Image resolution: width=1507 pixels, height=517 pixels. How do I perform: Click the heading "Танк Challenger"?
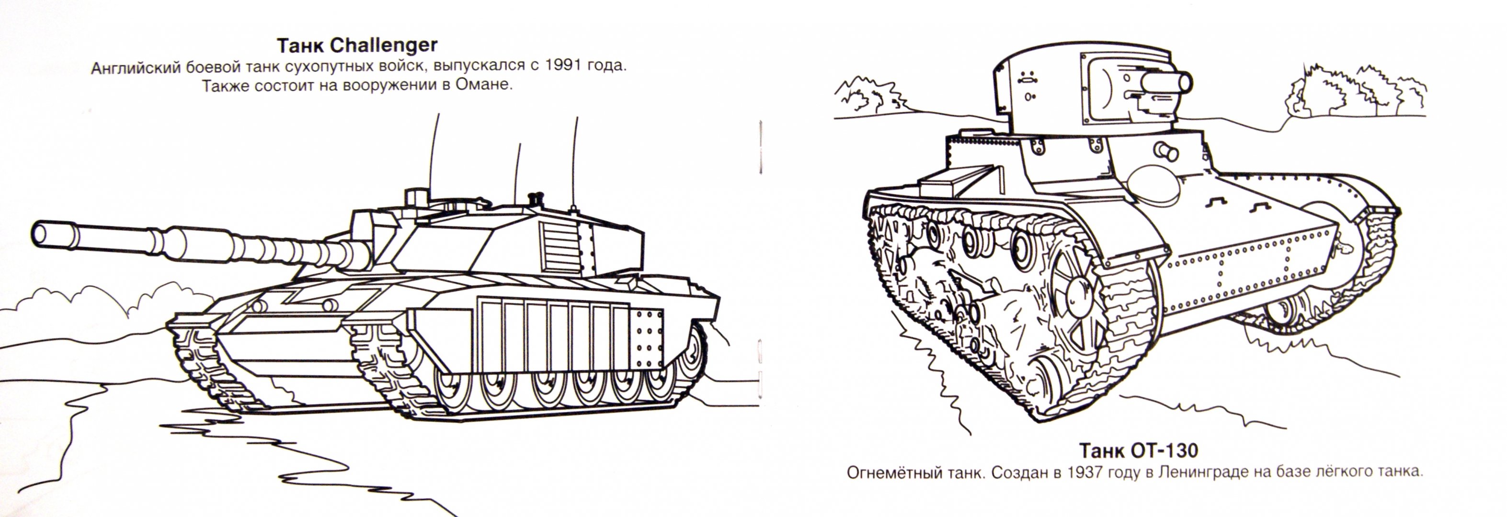click(x=357, y=45)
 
